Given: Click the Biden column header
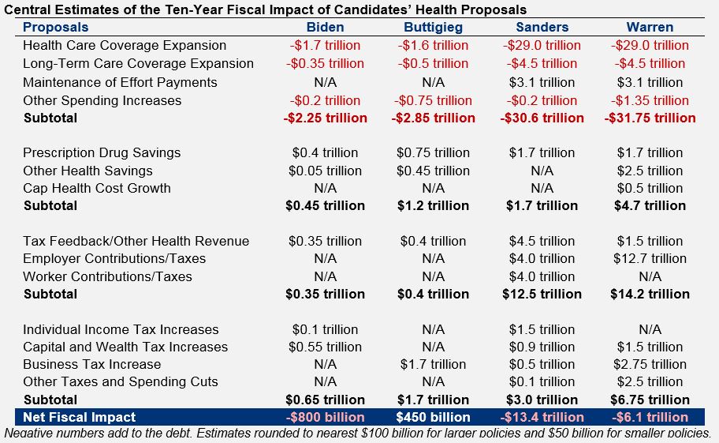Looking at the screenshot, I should coord(325,28).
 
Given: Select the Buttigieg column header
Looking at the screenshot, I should coord(433,28).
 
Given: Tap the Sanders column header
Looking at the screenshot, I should coord(542,28).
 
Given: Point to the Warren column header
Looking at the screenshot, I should coord(650,28).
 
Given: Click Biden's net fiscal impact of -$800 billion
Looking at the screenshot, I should coord(325,417).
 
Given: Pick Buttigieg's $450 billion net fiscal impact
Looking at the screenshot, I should coord(433,417).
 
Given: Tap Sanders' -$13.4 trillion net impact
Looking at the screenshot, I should coord(542,417).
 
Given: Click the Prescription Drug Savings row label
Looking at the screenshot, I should coord(102,152).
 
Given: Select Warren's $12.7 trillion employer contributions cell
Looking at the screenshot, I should coord(650,258).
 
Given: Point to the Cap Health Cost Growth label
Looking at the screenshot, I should coord(97,188).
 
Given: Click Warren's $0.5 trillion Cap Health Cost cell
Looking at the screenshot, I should coord(650,188).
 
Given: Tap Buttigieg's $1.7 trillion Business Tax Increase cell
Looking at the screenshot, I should coord(433,364).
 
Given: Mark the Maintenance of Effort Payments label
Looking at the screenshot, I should coord(120,82).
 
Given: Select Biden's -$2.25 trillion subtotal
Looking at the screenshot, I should coord(325,118).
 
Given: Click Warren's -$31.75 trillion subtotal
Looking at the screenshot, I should coord(650,118).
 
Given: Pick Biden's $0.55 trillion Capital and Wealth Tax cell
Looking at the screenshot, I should coord(325,347).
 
